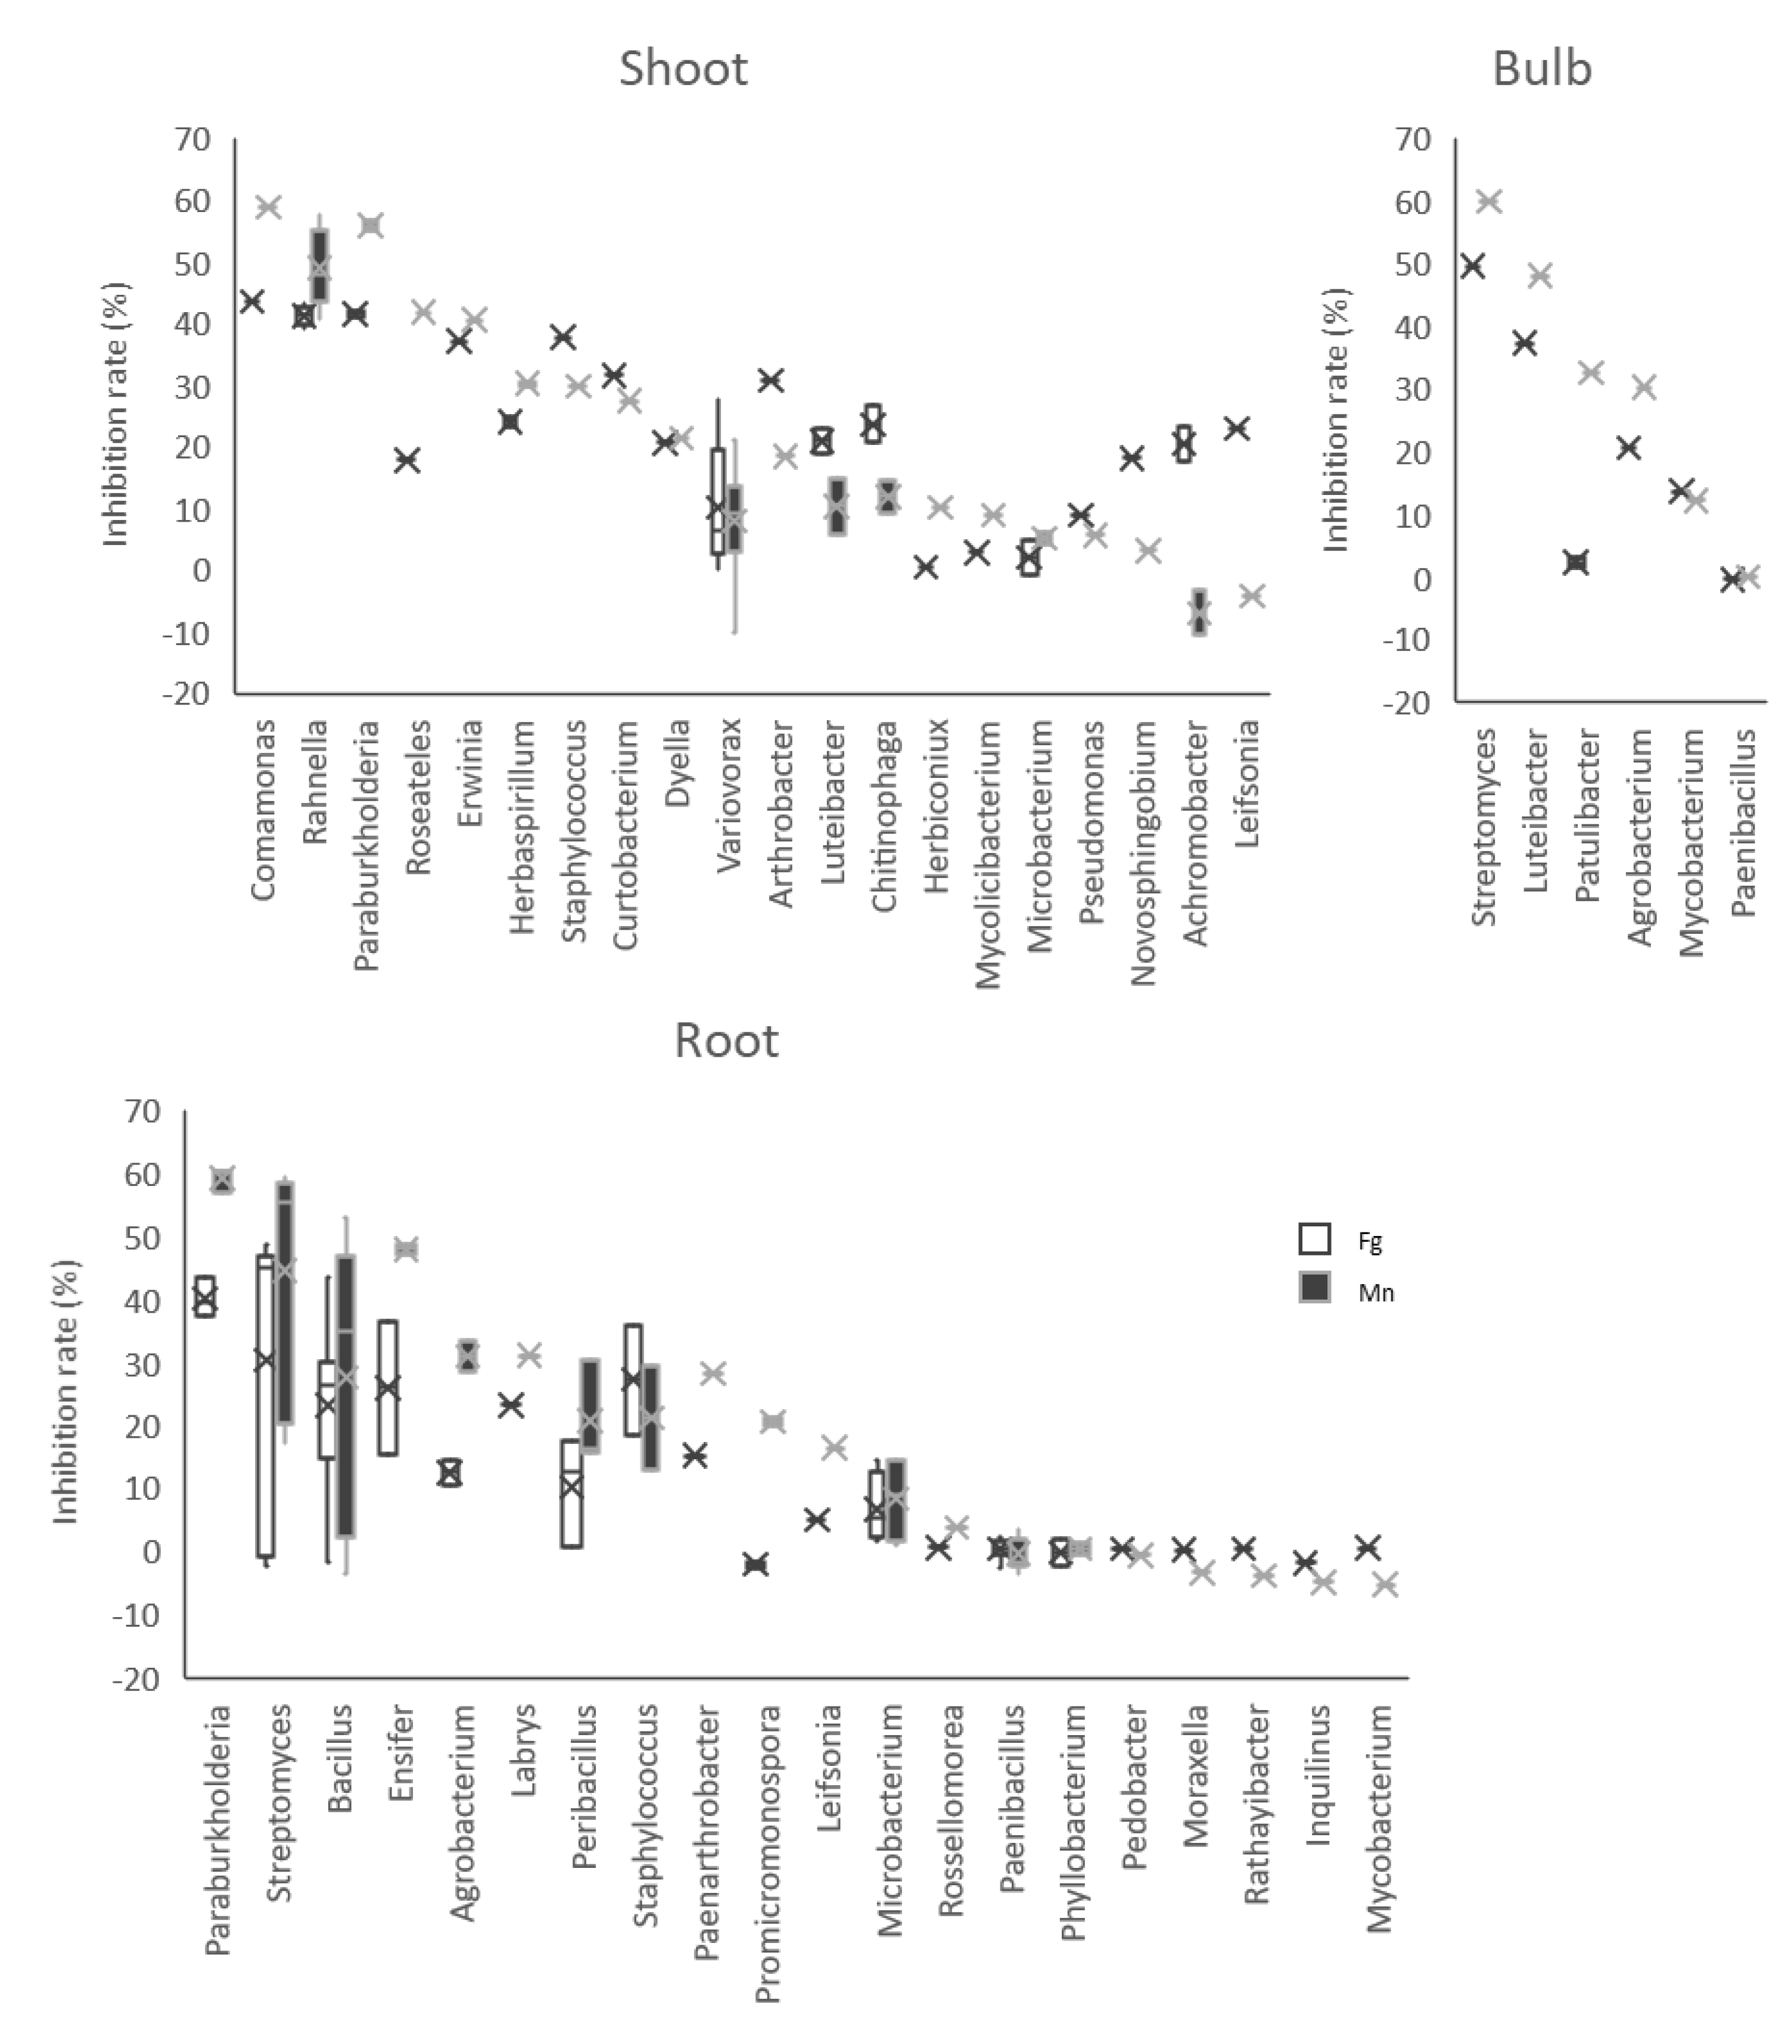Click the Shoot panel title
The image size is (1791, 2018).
click(x=683, y=69)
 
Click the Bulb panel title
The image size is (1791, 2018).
click(x=1542, y=69)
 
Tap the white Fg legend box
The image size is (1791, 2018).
click(x=1314, y=1239)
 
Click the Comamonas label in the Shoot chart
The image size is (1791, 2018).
click(x=263, y=809)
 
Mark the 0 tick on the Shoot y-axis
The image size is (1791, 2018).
click(x=200, y=571)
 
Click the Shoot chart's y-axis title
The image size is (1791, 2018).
click(x=117, y=415)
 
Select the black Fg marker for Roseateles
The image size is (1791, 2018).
click(x=407, y=460)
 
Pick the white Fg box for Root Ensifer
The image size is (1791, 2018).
click(x=388, y=1387)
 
